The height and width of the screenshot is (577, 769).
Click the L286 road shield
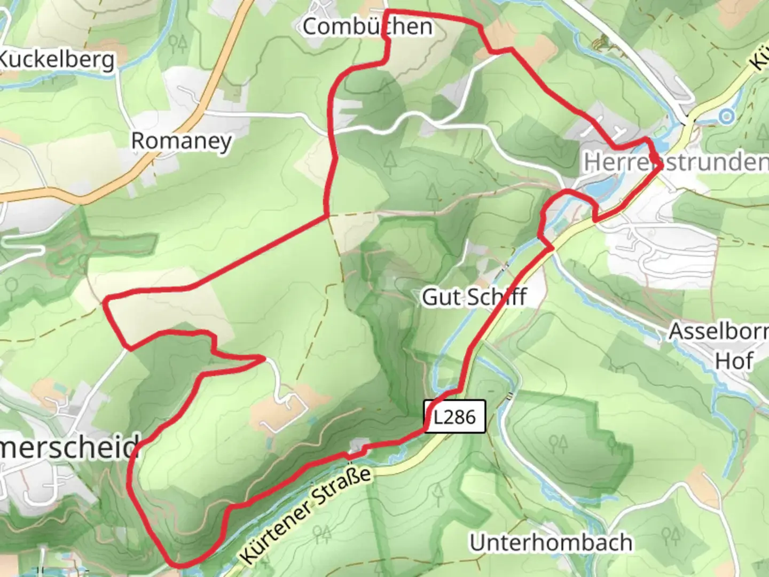click(x=454, y=416)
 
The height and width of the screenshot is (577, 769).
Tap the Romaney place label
click(x=182, y=141)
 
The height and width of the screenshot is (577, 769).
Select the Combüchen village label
click(x=367, y=26)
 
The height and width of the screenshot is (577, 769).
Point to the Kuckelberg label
click(x=56, y=60)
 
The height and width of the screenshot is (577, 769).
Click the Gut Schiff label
click(x=474, y=297)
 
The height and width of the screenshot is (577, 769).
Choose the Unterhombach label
click(x=551, y=542)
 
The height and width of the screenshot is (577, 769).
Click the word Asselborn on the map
click(x=718, y=331)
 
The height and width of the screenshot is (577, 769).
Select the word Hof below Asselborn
click(x=734, y=361)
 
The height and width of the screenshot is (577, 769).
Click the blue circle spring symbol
click(x=726, y=115)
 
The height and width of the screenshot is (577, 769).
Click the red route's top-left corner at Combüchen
click(x=386, y=11)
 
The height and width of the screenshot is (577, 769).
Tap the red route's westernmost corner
click(x=106, y=300)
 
